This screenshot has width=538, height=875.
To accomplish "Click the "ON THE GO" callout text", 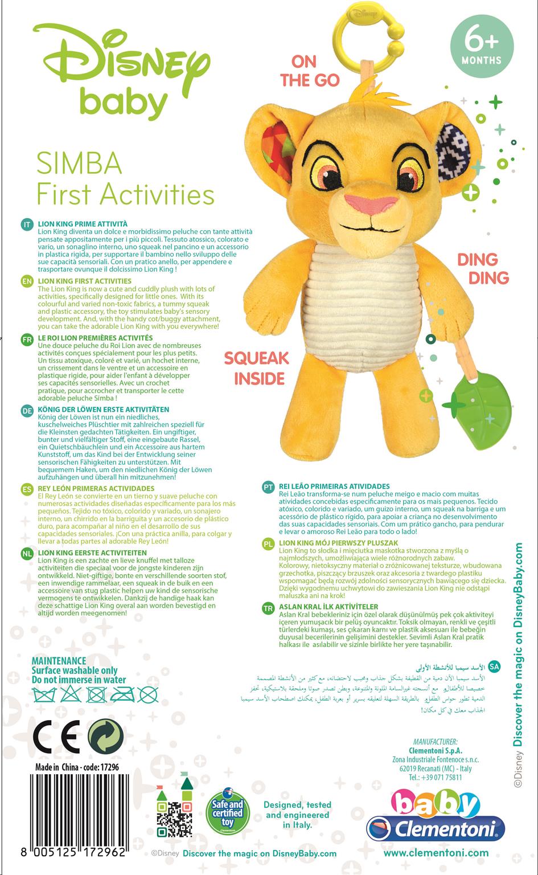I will point(310,71).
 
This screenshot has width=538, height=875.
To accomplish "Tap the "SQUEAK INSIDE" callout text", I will point(256,367).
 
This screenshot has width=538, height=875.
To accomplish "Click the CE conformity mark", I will point(56,739).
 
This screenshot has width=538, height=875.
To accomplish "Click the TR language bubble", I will point(269,608).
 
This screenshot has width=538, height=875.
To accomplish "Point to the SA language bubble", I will point(494,665).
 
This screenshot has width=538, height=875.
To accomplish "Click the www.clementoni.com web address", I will point(436,853).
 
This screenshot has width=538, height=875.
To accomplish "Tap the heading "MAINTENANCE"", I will point(59,661).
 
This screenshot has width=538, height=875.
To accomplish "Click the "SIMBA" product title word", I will point(79,163).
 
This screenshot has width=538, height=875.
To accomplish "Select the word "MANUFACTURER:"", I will point(436,742).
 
